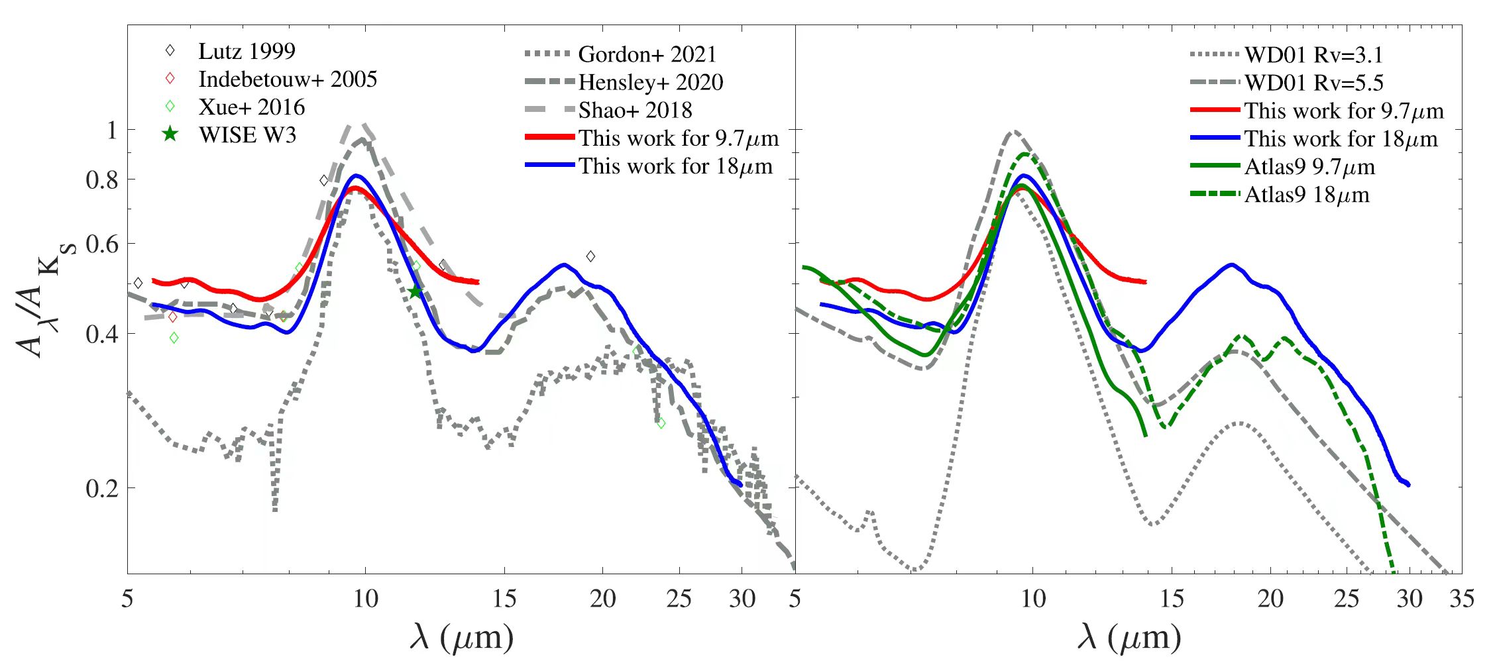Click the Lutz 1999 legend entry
coord(247,52)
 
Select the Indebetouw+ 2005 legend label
coord(288,79)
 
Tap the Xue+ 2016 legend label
coord(252,107)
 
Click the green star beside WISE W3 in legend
coord(170,134)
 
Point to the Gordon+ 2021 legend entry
coord(647,54)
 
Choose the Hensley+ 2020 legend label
coord(650,82)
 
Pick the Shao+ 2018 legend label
coord(635,110)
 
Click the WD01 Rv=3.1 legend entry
coord(1313,55)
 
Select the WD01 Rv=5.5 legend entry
coord(1313,83)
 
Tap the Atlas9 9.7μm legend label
coord(1309,167)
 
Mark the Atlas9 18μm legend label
coord(1307,195)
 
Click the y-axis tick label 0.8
coord(102,179)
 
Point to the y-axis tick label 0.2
coord(102,488)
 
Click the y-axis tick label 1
coord(112,130)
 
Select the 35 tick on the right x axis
coord(1461,599)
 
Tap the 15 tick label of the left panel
coord(504,599)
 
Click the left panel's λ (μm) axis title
coord(461,637)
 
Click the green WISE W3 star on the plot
coord(415,291)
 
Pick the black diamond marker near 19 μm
coord(590,256)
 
